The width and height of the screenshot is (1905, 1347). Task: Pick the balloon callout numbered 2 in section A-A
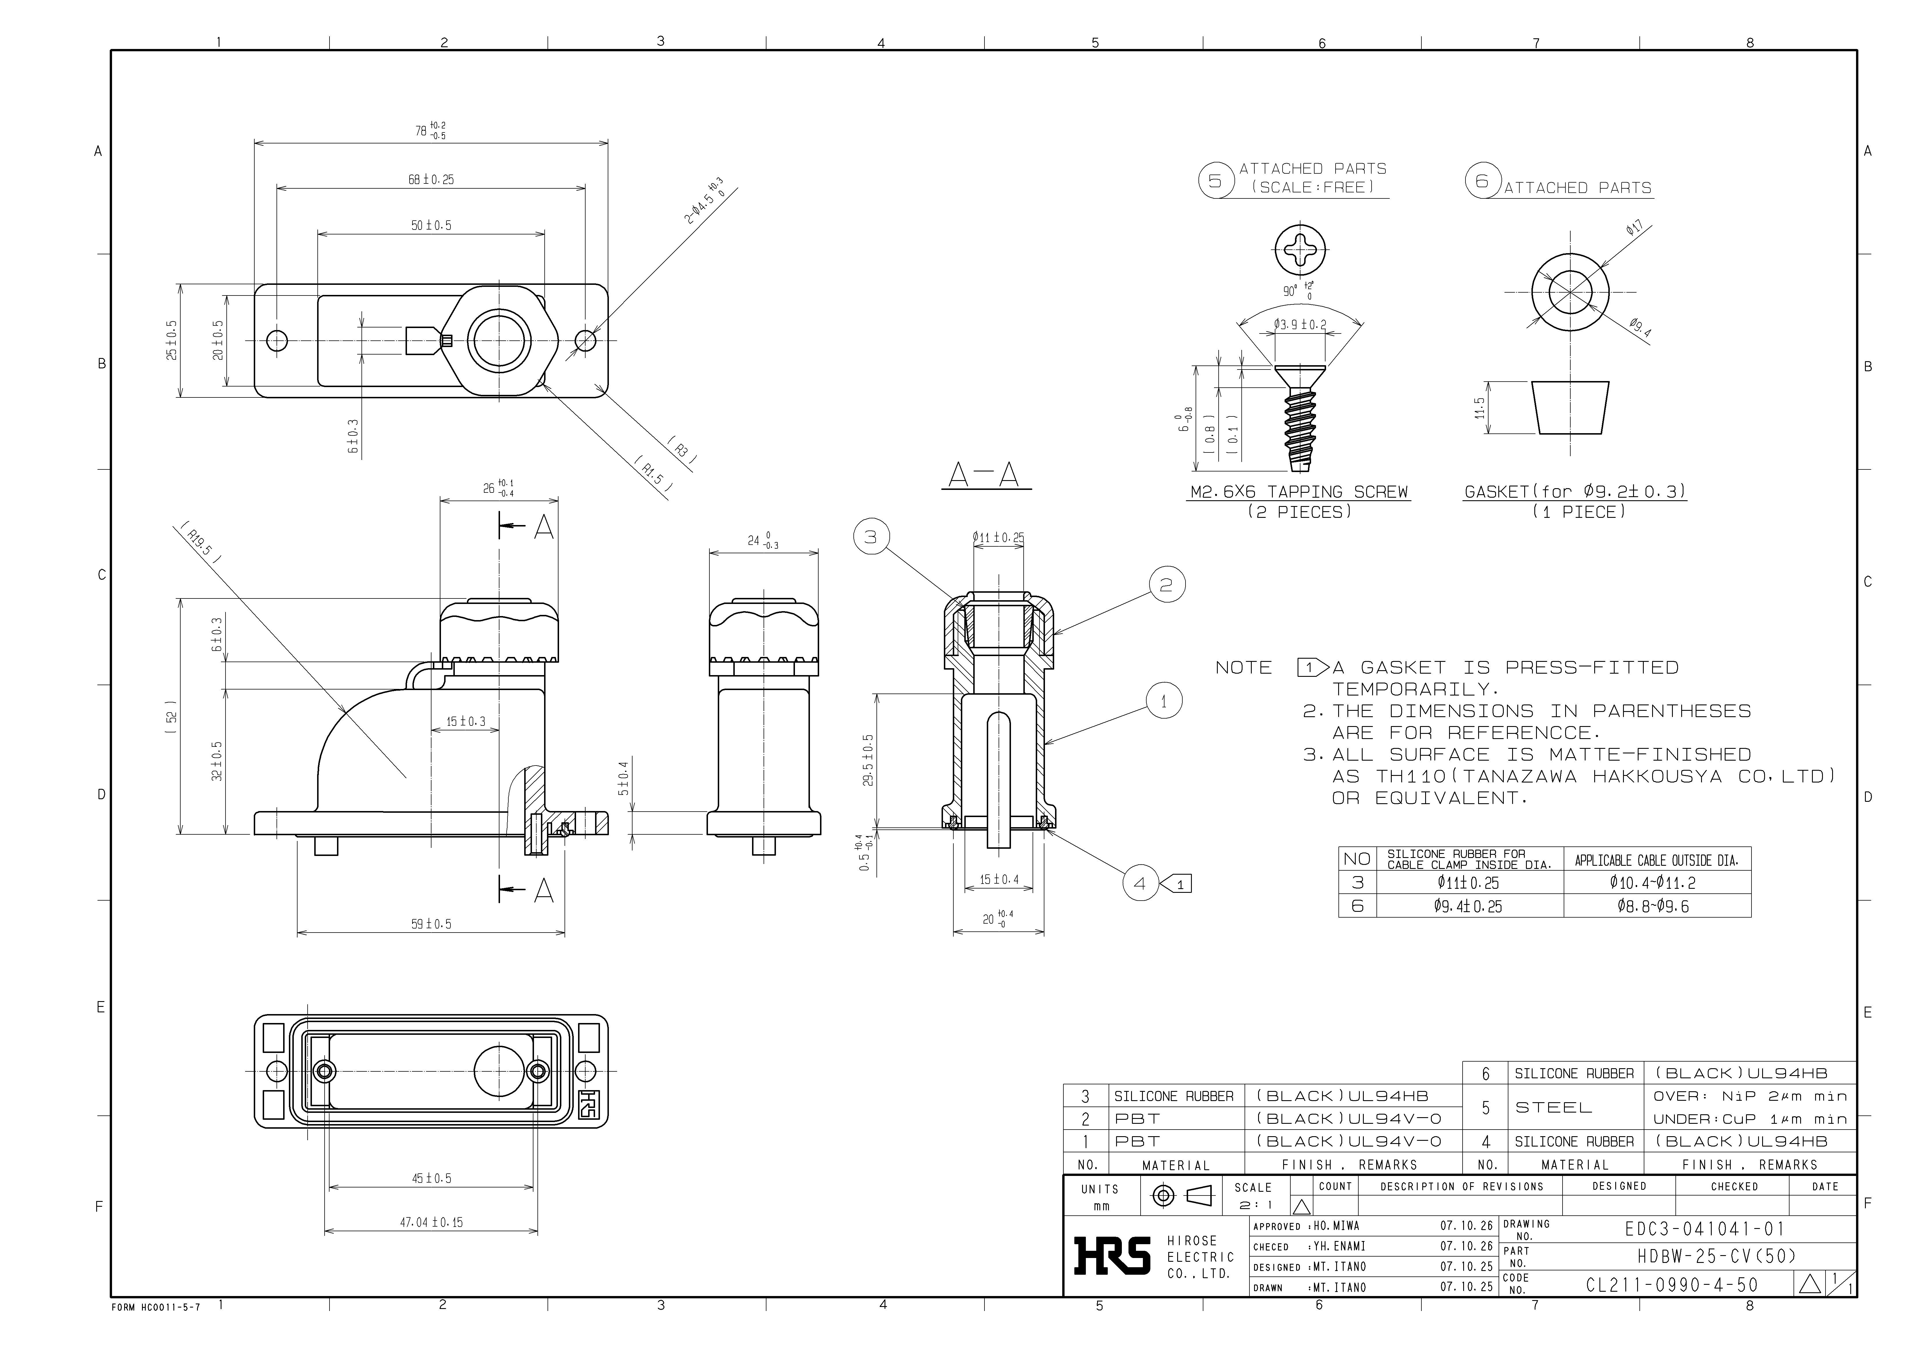(x=1167, y=586)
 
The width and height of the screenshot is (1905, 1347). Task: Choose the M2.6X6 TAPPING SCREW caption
(x=1299, y=492)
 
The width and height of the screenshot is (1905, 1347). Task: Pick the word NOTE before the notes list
(x=1243, y=668)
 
